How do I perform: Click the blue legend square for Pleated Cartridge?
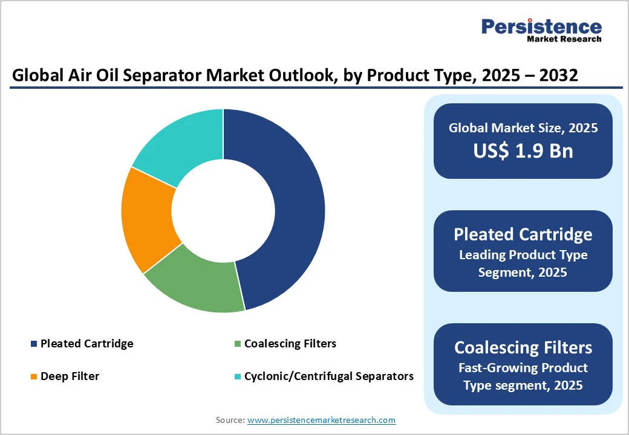point(34,344)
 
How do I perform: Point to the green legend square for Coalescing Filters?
point(238,344)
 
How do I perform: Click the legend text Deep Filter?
point(70,376)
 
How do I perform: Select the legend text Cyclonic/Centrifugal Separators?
point(329,376)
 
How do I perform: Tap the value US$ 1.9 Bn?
point(523,150)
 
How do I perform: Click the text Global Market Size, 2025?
point(523,127)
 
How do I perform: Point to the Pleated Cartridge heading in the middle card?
point(523,234)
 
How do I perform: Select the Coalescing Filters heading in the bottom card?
point(523,347)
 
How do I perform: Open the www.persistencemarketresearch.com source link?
point(321,420)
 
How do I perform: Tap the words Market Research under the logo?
point(564,39)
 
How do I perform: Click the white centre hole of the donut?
point(223,210)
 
